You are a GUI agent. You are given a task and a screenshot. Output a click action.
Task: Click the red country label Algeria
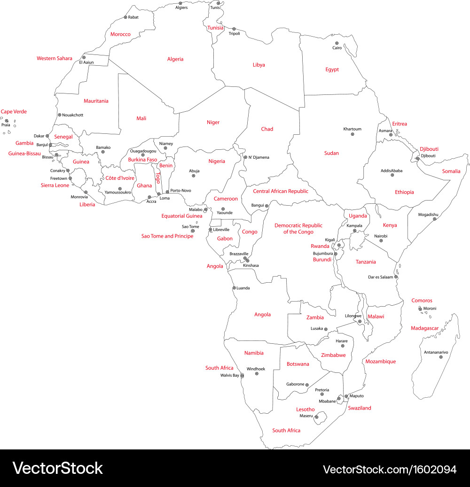tap(175, 59)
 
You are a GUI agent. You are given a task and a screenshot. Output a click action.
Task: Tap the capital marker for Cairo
tap(337, 42)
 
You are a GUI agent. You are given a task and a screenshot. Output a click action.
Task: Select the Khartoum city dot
tap(352, 134)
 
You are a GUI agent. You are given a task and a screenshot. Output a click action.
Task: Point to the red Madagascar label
tap(424, 328)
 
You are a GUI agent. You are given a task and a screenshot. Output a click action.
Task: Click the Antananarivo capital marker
tap(441, 357)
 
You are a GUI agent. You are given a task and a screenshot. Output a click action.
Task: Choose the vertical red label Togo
tap(158, 178)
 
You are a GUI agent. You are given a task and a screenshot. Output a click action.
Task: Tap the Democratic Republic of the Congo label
tap(298, 229)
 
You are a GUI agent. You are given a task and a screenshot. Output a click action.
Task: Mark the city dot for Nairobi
tap(381, 241)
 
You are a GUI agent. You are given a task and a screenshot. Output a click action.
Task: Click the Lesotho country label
tap(305, 410)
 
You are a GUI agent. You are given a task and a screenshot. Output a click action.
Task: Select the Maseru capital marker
tap(317, 416)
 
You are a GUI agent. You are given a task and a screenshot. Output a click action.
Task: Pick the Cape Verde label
tap(14, 112)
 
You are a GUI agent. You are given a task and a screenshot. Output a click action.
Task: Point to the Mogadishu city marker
tap(435, 219)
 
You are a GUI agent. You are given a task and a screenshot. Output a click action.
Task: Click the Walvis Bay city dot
tap(242, 376)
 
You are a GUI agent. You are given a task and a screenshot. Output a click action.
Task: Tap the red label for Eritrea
tap(399, 124)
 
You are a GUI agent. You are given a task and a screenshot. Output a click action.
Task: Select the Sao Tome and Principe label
tap(167, 236)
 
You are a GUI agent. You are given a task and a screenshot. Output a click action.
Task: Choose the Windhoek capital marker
tap(257, 374)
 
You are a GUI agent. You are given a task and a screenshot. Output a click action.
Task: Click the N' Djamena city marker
tap(245, 157)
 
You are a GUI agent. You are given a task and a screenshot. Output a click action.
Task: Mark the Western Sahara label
tap(55, 59)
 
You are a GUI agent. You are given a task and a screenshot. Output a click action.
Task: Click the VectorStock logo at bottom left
tap(57, 468)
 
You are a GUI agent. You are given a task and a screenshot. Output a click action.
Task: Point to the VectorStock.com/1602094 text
tap(390, 469)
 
